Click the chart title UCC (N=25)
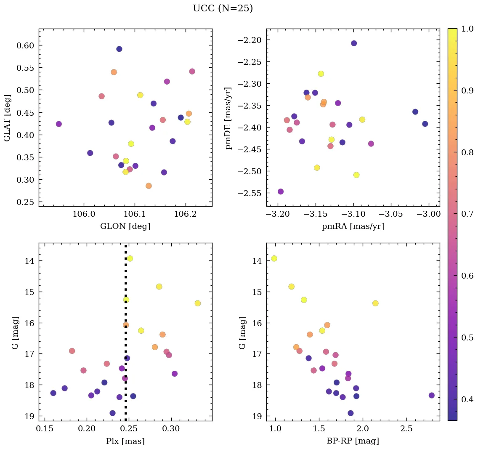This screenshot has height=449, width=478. pos(223,8)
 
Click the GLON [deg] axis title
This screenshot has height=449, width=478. pos(125,226)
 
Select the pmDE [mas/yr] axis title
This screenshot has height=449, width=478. pos(228,117)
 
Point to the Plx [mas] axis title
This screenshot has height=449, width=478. pos(125,441)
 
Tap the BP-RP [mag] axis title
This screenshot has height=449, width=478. pos(353,441)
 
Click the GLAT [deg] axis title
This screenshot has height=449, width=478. pos(7,117)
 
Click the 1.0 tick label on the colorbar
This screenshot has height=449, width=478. pos(467,28)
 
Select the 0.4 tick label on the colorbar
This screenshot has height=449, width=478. pos(467,399)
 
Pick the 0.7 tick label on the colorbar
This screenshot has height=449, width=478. pos(467,214)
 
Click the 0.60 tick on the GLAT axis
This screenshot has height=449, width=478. pos(25,45)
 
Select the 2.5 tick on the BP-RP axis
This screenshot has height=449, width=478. pos(406,429)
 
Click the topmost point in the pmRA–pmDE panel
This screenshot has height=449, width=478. pos(354,43)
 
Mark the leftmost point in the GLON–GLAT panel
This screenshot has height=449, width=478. pos(59,124)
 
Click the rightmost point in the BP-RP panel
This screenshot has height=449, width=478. pos(431,395)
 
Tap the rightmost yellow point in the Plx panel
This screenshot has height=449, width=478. pos(198,303)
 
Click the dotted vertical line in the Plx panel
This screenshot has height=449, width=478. pos(126,379)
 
